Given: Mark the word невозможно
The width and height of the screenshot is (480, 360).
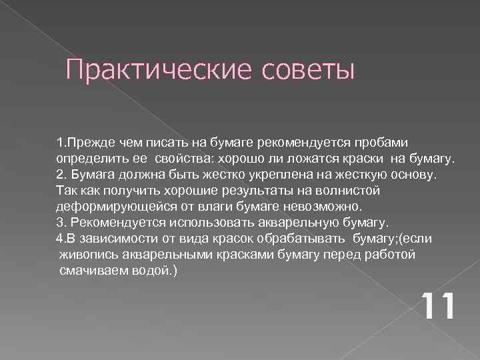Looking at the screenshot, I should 325,206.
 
